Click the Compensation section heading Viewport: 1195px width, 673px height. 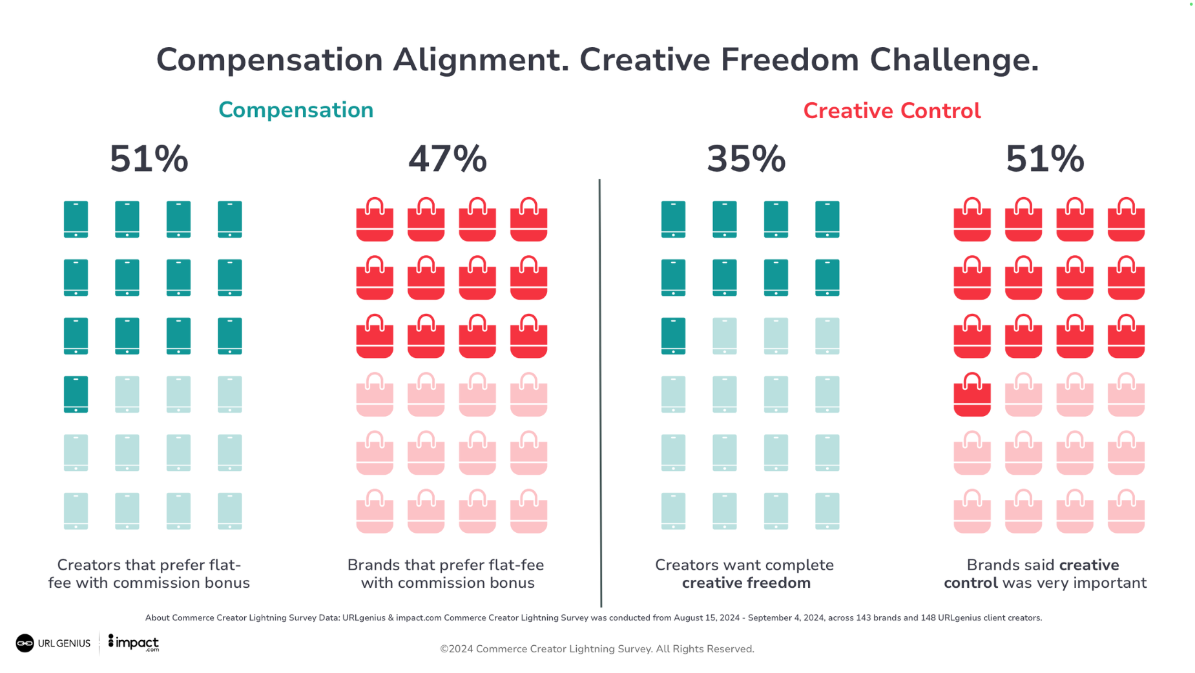tap(296, 110)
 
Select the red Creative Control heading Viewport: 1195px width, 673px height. tap(891, 111)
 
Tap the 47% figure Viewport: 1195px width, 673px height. tap(447, 159)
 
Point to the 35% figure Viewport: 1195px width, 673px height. tap(746, 159)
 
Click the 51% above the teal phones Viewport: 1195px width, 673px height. tap(149, 159)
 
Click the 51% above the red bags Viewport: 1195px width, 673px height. tap(1044, 159)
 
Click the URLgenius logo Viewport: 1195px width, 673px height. tap(53, 643)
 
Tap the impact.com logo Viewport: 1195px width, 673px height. tap(134, 643)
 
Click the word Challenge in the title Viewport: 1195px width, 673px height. tap(953, 60)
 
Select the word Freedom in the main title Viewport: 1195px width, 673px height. tap(789, 60)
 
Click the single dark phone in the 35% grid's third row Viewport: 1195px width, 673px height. tap(673, 336)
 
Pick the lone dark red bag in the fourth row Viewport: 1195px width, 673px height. tap(972, 394)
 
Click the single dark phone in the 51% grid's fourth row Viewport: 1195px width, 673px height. tap(76, 394)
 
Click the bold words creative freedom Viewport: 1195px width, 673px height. tap(746, 583)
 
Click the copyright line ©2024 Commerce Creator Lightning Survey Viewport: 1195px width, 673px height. tap(597, 649)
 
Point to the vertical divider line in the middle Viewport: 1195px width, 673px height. tap(600, 388)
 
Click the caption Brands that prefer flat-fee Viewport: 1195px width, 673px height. tap(446, 565)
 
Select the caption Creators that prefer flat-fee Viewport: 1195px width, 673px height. tap(149, 565)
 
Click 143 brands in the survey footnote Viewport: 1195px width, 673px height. tap(878, 618)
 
